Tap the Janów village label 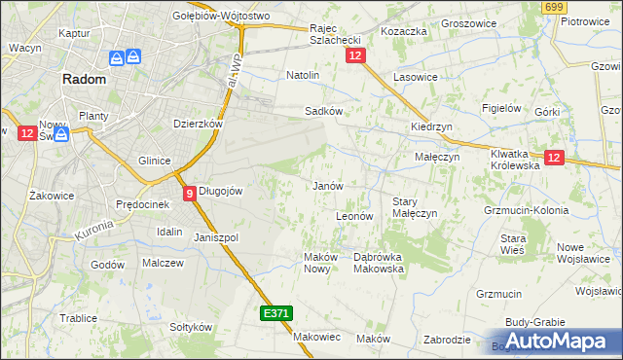tap(325, 186)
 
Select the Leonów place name tap(354, 216)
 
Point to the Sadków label tap(323, 111)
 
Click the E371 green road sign tap(275, 313)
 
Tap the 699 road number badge tap(555, 7)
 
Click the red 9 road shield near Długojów tap(188, 193)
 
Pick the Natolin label tap(303, 75)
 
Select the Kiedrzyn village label tap(428, 127)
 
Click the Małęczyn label tap(430, 157)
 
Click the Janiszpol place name tap(216, 237)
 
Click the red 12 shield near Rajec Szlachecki tap(354, 57)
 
